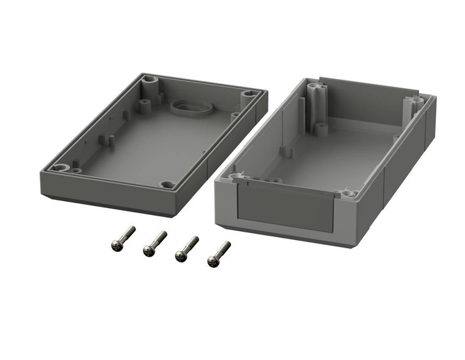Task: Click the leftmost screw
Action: tap(123, 238)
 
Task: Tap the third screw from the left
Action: tap(187, 248)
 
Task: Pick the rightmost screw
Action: tap(219, 255)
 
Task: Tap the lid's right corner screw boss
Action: tap(248, 94)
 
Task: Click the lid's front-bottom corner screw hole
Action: tap(167, 185)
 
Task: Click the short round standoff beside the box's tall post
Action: tap(321, 129)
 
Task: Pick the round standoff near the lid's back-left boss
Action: tap(144, 105)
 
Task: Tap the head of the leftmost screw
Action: tap(116, 245)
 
